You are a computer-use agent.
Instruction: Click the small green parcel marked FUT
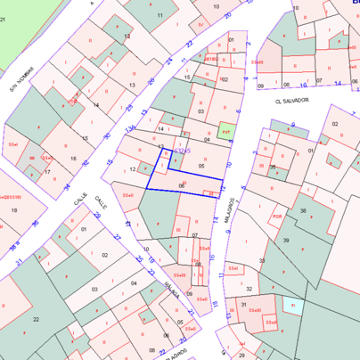pos(226,132)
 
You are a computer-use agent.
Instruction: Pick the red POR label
pos(277,217)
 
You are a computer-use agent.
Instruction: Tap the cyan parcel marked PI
pos(293,305)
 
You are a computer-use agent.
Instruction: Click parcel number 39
pos(286,241)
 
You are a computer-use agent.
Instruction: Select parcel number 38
pos(302,211)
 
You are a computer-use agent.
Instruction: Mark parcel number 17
pos(47,171)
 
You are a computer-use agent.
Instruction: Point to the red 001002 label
pos(211,60)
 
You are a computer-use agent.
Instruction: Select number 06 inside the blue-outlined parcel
pos(182,184)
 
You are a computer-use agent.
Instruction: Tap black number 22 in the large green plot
pos(36,318)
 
